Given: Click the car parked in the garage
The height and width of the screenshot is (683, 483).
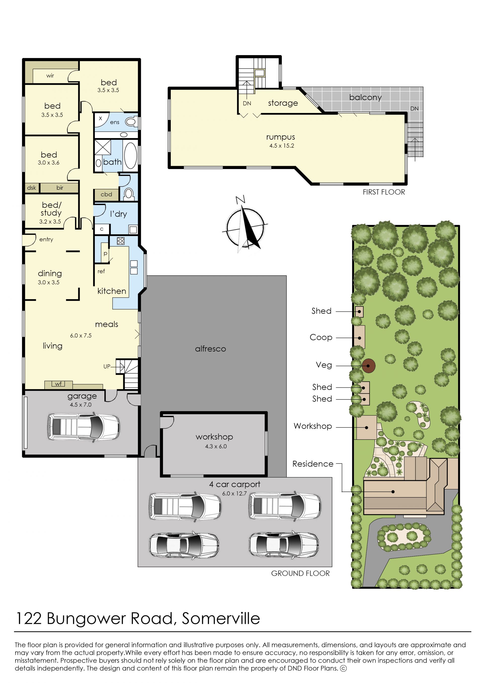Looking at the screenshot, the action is [x=84, y=427].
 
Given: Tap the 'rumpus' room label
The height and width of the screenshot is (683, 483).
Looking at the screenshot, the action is [x=280, y=137].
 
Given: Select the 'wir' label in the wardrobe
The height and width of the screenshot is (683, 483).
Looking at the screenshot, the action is [x=50, y=75].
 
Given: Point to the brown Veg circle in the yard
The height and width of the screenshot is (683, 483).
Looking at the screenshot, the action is [x=369, y=366].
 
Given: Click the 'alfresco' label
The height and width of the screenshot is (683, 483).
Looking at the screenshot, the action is [x=211, y=349].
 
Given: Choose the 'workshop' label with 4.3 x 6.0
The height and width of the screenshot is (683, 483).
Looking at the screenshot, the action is [x=214, y=437].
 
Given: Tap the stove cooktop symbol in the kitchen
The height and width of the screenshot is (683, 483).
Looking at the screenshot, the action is [x=120, y=241].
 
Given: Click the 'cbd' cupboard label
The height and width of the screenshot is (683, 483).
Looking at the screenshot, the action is [x=106, y=194].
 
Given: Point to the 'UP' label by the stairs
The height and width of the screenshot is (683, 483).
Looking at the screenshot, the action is [x=107, y=367].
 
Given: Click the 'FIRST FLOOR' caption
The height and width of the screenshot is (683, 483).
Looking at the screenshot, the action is [x=384, y=192].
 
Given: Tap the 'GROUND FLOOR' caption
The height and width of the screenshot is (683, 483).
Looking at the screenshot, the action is [x=300, y=574].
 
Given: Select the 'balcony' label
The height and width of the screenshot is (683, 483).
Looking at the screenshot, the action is [x=365, y=97].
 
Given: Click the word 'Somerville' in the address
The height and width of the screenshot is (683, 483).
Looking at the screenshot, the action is [x=221, y=619].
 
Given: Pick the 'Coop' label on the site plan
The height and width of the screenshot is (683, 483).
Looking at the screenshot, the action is [x=321, y=337].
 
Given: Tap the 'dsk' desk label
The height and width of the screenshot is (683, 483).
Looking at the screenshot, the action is [x=31, y=188].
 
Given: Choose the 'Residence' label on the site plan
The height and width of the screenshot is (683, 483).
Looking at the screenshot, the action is [x=313, y=464].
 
